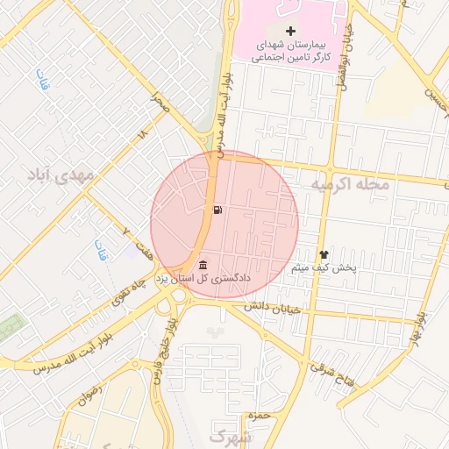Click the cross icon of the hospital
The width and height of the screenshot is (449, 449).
coord(291,31)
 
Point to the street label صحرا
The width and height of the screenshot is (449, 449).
coord(159,102)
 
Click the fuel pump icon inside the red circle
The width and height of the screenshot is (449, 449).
coord(217,210)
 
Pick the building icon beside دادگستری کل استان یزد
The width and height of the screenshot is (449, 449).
coord(203,265)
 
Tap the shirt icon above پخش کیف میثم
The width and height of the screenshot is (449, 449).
coord(324,253)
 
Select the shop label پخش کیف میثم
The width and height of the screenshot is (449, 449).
coord(324,267)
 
